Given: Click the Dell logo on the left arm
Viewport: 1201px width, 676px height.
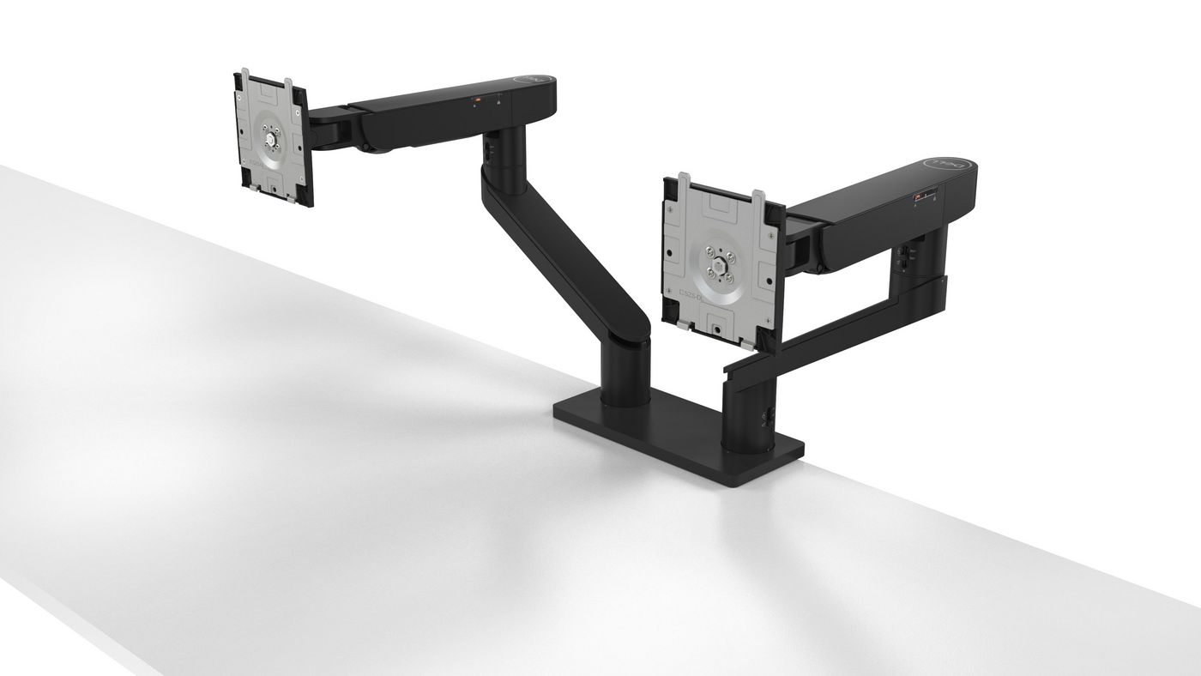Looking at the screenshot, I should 523,79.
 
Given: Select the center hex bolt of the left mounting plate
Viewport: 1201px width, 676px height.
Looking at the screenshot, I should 272,136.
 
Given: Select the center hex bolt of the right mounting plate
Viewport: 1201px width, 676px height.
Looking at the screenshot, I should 716,261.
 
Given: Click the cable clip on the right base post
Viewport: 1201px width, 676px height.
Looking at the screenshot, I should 763,415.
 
